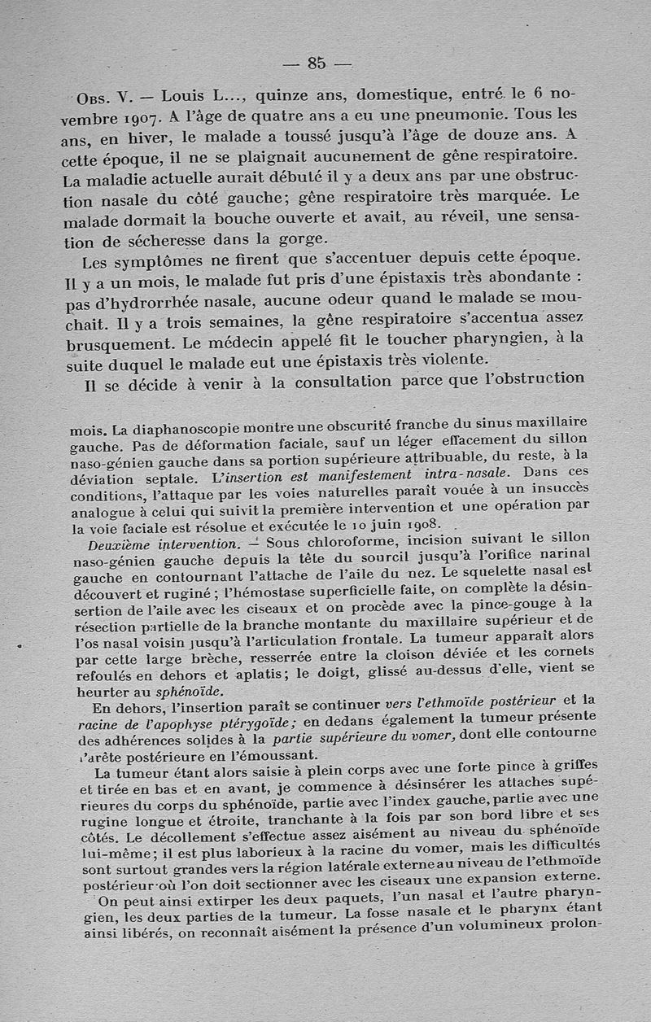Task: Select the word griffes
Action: click(x=570, y=765)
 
